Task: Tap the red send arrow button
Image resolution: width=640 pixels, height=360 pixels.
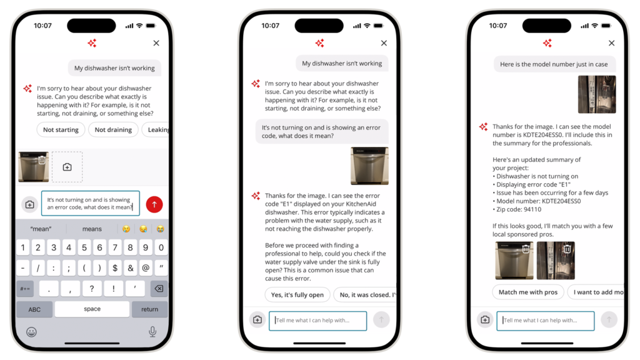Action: pyautogui.click(x=154, y=204)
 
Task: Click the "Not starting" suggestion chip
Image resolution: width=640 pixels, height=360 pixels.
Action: pyautogui.click(x=61, y=130)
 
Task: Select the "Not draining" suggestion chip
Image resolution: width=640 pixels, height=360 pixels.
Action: pyautogui.click(x=113, y=130)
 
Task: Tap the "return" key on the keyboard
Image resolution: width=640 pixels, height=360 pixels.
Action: pyautogui.click(x=149, y=309)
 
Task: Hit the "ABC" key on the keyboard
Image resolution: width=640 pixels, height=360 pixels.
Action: pyautogui.click(x=34, y=309)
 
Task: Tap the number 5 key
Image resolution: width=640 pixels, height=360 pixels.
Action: pyautogui.click(x=84, y=247)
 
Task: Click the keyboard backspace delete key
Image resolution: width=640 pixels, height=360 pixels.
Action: pyautogui.click(x=159, y=289)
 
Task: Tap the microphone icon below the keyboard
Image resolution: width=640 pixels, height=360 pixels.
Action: pyautogui.click(x=152, y=331)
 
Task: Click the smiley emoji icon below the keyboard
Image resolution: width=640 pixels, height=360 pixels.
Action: pyautogui.click(x=31, y=332)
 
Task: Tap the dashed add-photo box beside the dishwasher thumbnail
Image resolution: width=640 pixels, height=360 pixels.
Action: pyautogui.click(x=67, y=167)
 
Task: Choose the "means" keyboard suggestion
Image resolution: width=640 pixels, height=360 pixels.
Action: pyautogui.click(x=92, y=229)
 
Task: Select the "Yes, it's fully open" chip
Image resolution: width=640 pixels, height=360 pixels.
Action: pyautogui.click(x=297, y=295)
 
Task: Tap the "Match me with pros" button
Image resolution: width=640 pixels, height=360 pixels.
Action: pyautogui.click(x=527, y=292)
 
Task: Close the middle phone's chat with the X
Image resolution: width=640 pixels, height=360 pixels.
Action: pyautogui.click(x=384, y=43)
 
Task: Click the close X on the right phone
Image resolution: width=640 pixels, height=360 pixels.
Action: pyautogui.click(x=611, y=43)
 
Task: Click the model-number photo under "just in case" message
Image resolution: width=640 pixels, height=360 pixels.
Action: pyautogui.click(x=597, y=94)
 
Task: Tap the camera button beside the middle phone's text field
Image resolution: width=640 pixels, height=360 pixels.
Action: pyautogui.click(x=257, y=320)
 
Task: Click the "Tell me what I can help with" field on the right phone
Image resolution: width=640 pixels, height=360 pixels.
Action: pyautogui.click(x=545, y=321)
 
